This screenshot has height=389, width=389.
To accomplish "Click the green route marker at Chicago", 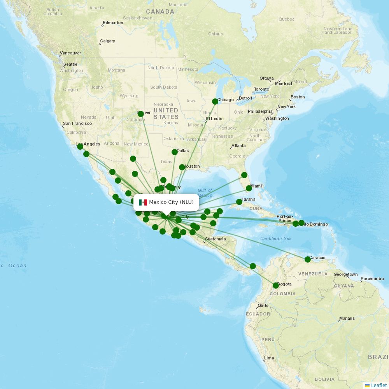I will click(215, 102).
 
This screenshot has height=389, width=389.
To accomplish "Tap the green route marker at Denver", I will click(141, 114).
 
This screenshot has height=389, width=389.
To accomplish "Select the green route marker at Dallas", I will click(175, 152).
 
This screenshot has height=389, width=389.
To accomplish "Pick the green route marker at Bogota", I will click(276, 286).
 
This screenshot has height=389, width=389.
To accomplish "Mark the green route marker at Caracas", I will click(308, 259).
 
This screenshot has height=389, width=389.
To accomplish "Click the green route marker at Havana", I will click(239, 202).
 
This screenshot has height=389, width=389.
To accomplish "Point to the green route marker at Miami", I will click(249, 189).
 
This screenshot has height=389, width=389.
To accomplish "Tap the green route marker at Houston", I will click(182, 167).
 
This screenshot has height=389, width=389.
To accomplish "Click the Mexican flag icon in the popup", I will click(143, 202).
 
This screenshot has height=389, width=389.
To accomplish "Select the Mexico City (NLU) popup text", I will click(171, 202).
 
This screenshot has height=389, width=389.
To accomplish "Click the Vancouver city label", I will click(70, 53).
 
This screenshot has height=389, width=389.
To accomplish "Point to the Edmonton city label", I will click(113, 23).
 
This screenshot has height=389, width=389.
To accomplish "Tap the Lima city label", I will click(269, 358).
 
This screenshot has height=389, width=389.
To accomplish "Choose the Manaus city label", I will click(347, 319).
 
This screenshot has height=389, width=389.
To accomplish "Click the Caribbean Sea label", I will click(276, 238).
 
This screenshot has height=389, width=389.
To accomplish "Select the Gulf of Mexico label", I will click(205, 193).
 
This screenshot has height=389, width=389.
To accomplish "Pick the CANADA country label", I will click(160, 12).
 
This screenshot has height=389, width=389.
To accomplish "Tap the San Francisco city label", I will click(77, 124).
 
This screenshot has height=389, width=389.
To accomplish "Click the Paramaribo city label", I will click(372, 279).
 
